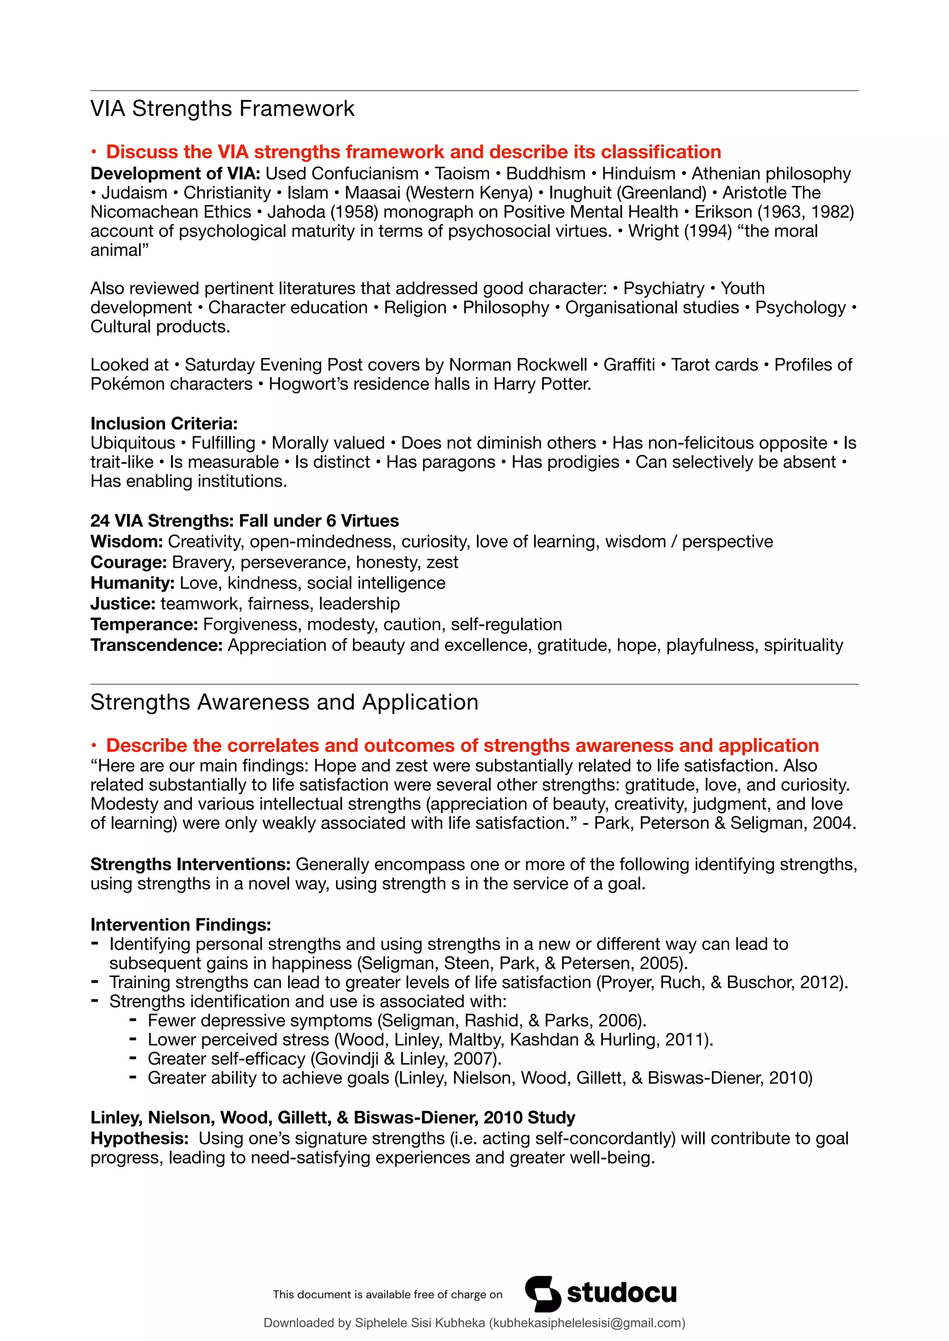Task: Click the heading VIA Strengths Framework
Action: coord(222,109)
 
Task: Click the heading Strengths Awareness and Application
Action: coord(284,702)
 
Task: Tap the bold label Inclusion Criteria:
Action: coord(164,423)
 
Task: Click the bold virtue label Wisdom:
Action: coord(126,541)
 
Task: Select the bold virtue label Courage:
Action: coord(128,563)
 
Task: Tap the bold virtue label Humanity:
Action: coord(132,583)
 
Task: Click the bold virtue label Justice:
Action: coord(123,604)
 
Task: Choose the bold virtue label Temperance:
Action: coord(144,624)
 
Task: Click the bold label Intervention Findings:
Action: coord(181,925)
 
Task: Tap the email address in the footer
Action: coord(586,1323)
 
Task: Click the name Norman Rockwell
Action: coord(518,365)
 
